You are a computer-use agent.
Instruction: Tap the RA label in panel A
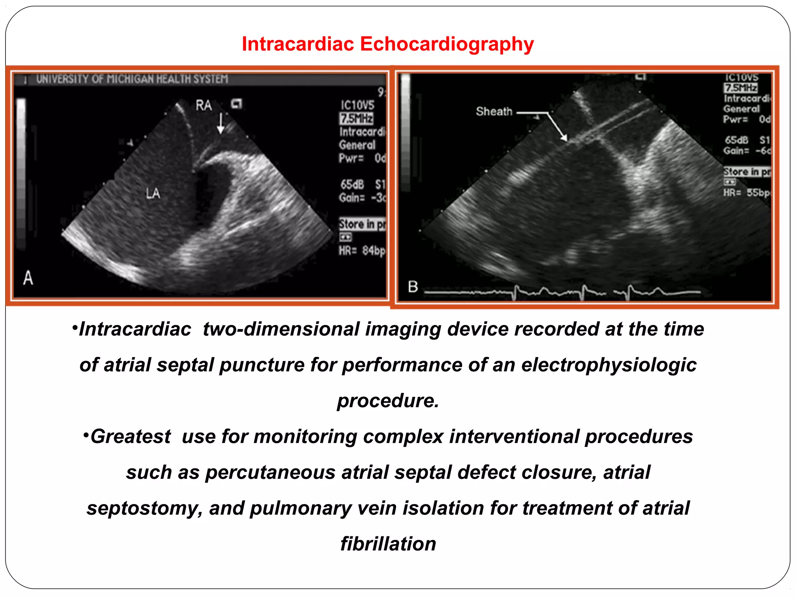coord(204,105)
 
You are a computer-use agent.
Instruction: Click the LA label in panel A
coord(153,193)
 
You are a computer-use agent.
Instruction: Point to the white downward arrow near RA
coord(221,124)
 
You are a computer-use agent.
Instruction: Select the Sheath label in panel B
coord(494,112)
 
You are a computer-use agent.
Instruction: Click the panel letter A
coord(28,278)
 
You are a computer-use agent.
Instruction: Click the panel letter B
coord(413,287)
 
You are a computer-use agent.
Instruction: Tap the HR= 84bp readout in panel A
coord(361,251)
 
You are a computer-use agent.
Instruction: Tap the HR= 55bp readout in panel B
coord(746,192)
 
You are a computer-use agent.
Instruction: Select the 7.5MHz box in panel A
coord(356,118)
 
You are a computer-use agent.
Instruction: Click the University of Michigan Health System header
coord(132,79)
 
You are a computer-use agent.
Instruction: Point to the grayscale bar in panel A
coord(21,171)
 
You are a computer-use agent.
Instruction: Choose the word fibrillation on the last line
coord(388,544)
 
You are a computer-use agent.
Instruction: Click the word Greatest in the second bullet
coord(131,436)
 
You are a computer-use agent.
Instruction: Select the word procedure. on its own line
coord(388,401)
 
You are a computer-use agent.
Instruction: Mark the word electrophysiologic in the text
coord(609,365)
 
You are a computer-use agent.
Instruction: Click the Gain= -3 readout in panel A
coord(361,198)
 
